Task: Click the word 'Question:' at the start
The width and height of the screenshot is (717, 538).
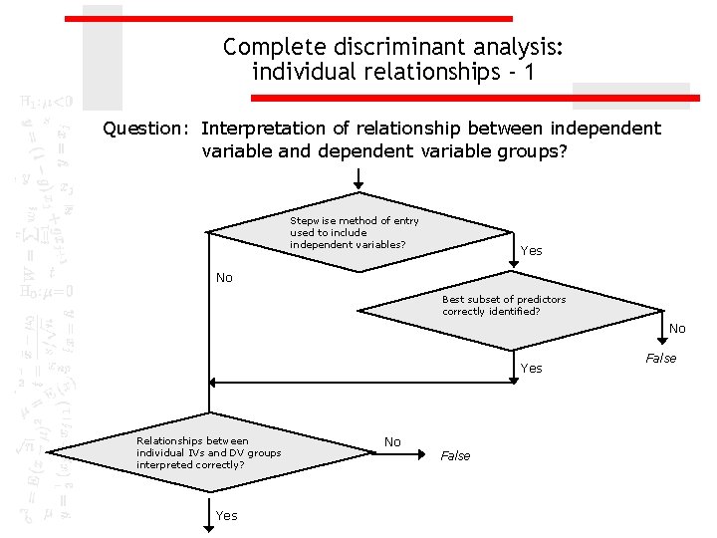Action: [x=147, y=129]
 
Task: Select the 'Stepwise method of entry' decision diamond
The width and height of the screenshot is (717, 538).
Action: [x=358, y=233]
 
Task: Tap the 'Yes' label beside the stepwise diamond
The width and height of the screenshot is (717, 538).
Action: [x=532, y=251]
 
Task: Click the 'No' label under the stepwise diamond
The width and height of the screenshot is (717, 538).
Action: [x=224, y=278]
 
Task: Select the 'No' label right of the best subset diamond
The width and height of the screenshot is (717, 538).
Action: [x=677, y=329]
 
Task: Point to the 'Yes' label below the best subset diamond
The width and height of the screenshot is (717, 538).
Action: [x=532, y=369]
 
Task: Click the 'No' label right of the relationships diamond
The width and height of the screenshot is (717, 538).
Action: [x=392, y=442]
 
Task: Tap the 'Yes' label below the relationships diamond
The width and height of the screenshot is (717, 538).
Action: [x=226, y=516]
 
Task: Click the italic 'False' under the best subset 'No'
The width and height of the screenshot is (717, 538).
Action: [x=661, y=359]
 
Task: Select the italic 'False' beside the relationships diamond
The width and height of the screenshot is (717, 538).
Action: [x=455, y=456]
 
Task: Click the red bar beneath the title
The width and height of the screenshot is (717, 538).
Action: [x=468, y=98]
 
